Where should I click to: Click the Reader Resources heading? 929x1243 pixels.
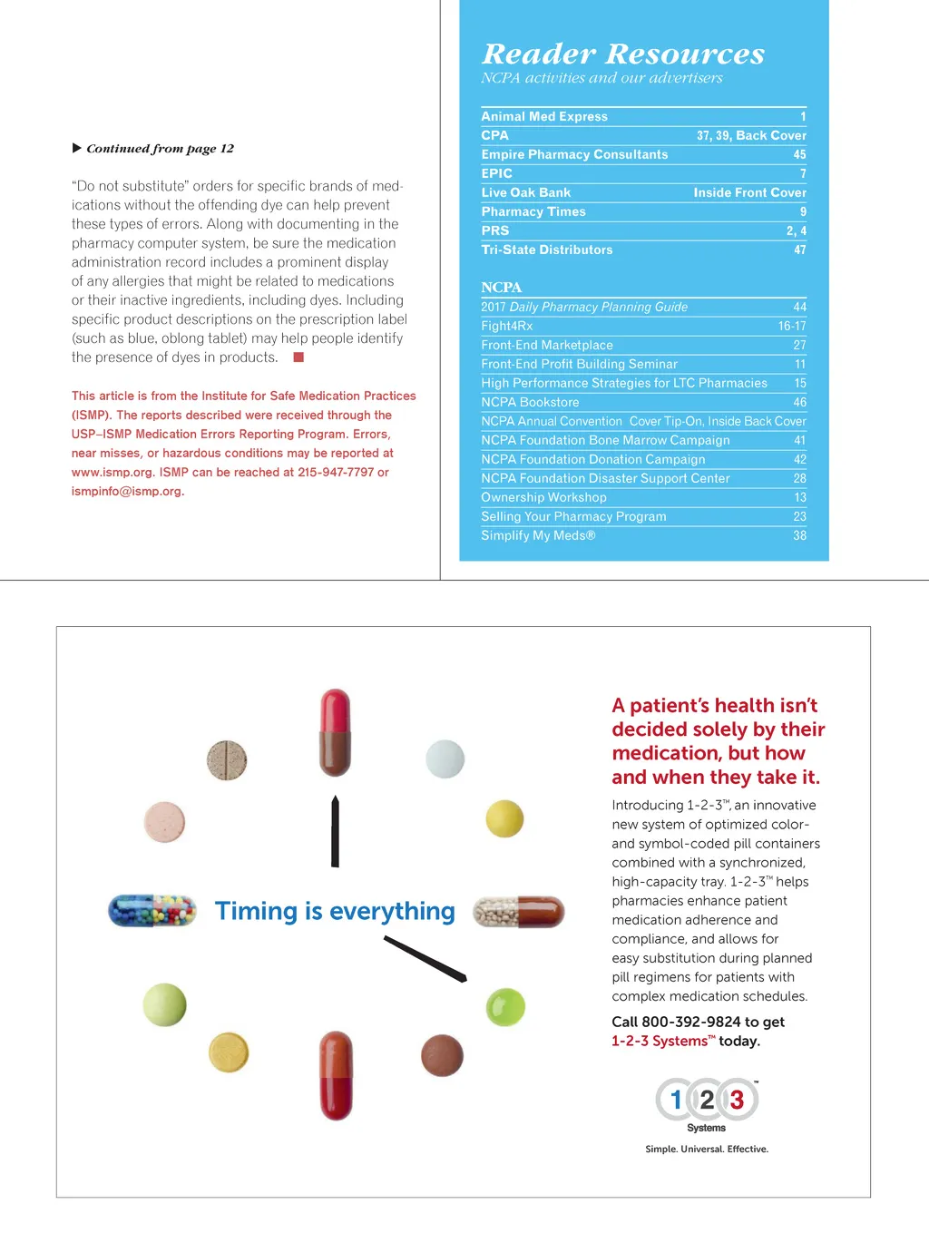pyautogui.click(x=622, y=54)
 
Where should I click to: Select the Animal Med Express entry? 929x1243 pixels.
pyautogui.click(x=544, y=116)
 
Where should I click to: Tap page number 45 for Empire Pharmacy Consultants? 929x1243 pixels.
pyautogui.click(x=799, y=154)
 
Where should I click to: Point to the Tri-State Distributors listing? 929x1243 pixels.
pyautogui.click(x=546, y=250)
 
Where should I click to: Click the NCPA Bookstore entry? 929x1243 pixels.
pyautogui.click(x=530, y=402)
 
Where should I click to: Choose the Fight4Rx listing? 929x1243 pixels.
pyautogui.click(x=506, y=326)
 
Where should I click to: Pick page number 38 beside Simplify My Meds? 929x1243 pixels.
pyautogui.click(x=799, y=535)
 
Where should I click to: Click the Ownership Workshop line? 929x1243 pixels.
pyautogui.click(x=543, y=497)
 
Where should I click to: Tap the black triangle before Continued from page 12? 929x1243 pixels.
pyautogui.click(x=77, y=148)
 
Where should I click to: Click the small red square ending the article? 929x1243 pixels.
pyautogui.click(x=298, y=357)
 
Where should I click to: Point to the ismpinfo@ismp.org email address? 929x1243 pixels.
pyautogui.click(x=126, y=491)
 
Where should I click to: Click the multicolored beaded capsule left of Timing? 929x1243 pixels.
pyautogui.click(x=152, y=910)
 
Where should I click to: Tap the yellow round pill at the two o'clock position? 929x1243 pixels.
pyautogui.click(x=504, y=818)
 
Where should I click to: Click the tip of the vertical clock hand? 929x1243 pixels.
pyautogui.click(x=335, y=799)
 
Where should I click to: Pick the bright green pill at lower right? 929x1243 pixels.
pyautogui.click(x=505, y=1007)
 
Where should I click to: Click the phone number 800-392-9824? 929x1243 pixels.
pyautogui.click(x=690, y=1022)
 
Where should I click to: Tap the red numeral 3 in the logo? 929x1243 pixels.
pyautogui.click(x=737, y=1100)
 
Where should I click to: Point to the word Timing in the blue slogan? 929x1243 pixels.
pyautogui.click(x=256, y=911)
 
